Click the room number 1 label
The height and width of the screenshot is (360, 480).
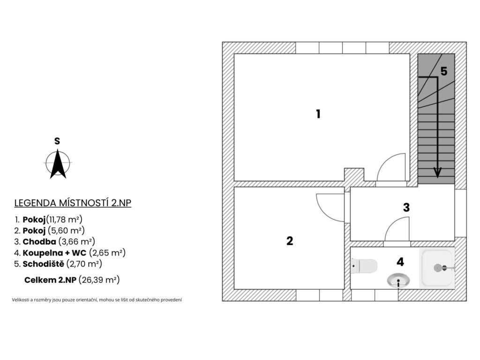tap(318, 114)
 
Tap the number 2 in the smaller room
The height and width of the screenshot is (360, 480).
tap(290, 241)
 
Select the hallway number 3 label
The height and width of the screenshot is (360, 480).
tap(406, 208)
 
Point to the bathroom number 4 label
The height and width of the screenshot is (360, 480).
tap(400, 262)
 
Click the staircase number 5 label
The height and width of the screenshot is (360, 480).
tap(444, 71)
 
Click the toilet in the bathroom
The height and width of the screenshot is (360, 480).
tap(364, 266)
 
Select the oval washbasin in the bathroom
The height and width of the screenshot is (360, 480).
tap(398, 280)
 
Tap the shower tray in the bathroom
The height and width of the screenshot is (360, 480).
tap(437, 268)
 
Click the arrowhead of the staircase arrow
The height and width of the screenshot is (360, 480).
tap(437, 172)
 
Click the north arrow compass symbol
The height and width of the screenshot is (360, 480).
tap(58, 164)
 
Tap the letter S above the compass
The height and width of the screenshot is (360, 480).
tap(57, 141)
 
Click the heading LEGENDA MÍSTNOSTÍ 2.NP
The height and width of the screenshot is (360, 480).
tap(73, 203)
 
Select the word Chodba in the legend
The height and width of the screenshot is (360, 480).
tap(39, 241)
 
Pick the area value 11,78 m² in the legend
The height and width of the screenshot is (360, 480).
tap(64, 219)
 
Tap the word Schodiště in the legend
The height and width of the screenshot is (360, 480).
tap(44, 263)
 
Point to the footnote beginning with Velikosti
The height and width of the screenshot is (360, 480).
tap(97, 300)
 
